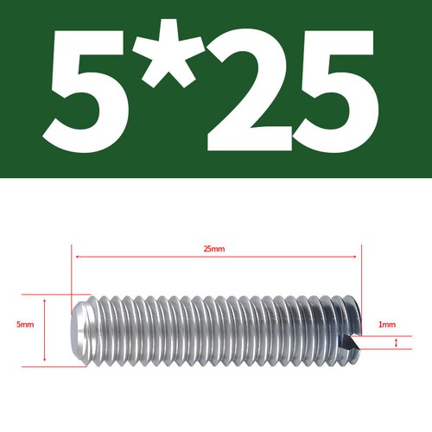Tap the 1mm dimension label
click(x=386, y=325)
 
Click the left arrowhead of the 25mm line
click(x=75, y=257)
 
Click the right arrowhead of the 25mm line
click(x=354, y=257)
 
